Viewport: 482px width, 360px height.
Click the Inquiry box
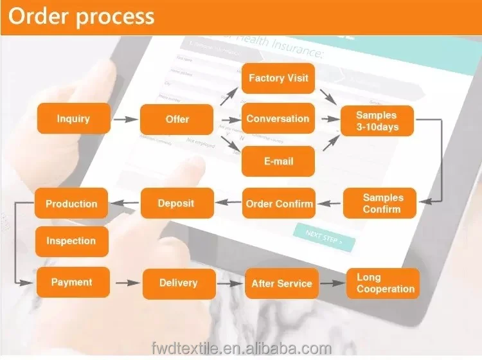tap(73, 119)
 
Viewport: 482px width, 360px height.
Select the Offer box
tap(177, 119)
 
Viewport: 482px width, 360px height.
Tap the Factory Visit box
tap(278, 78)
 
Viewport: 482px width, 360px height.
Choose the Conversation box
tap(278, 119)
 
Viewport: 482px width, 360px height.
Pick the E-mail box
tap(278, 161)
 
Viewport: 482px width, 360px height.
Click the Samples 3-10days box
tap(377, 121)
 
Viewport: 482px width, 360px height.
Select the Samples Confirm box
tap(380, 203)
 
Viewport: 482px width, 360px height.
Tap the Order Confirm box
tap(279, 204)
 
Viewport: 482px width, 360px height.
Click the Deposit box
tap(176, 203)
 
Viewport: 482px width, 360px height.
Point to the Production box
tap(71, 204)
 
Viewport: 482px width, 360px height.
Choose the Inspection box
tap(71, 241)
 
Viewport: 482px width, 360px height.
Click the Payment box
tap(72, 282)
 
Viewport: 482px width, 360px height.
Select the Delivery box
tap(178, 283)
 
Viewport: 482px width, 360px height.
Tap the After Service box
tap(281, 283)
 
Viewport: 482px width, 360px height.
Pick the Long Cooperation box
tap(384, 283)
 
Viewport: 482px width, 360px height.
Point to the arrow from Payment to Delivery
tap(127, 283)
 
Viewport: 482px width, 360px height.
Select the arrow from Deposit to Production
tap(124, 204)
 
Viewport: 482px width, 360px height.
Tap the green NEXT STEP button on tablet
tap(324, 237)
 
